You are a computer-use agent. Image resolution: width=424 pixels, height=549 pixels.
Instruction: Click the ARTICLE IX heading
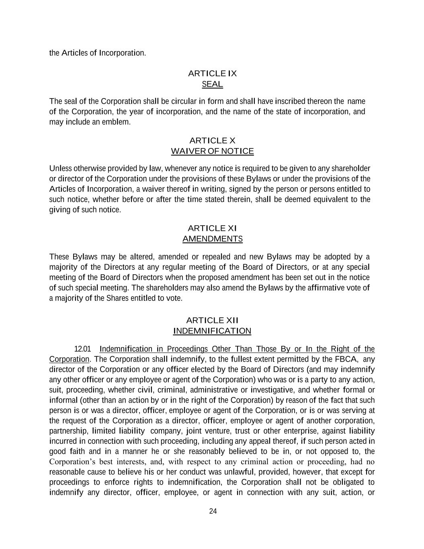(212, 74)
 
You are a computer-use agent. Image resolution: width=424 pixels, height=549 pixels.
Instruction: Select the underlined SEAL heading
(212, 84)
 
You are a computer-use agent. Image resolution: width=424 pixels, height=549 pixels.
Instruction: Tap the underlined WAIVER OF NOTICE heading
(212, 151)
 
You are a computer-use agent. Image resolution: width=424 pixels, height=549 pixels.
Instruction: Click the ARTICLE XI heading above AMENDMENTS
(212, 228)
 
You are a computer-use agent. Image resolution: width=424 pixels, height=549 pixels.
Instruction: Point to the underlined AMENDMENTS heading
(212, 239)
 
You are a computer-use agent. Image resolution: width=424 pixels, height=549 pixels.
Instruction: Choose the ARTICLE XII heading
(212, 321)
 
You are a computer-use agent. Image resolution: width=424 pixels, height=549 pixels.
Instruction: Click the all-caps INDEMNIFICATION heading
(212, 331)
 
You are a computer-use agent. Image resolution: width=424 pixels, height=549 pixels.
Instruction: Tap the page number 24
(213, 511)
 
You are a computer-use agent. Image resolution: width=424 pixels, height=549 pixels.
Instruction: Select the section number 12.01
(83, 349)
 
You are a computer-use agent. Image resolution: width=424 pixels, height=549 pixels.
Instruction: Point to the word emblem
(117, 122)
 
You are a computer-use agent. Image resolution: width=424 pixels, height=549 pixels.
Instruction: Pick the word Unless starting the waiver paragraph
(60, 168)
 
